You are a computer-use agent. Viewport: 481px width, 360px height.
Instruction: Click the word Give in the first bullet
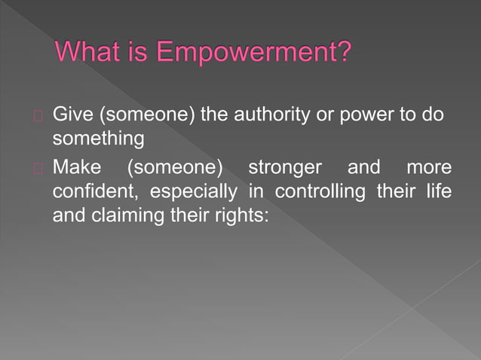coord(69,115)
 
